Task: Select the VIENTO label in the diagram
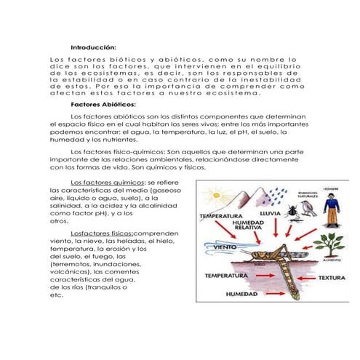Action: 212,247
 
